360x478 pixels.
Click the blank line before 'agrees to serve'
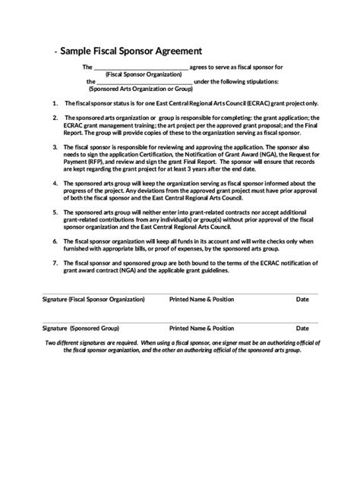point(141,68)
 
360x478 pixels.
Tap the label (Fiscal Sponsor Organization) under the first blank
point(147,74)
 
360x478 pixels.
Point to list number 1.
point(55,102)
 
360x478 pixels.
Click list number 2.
point(55,118)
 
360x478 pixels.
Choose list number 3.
point(55,145)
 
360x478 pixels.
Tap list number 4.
point(55,183)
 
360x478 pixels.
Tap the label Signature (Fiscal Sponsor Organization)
point(93,300)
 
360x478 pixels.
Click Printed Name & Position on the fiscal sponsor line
point(201,300)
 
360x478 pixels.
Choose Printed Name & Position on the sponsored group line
point(201,329)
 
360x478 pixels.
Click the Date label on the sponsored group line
point(302,329)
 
